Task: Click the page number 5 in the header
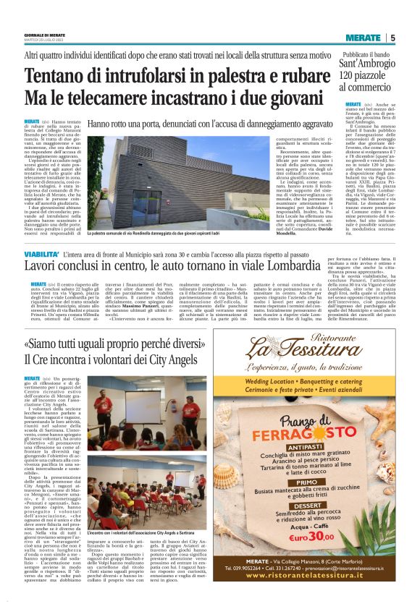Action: click(392, 38)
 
